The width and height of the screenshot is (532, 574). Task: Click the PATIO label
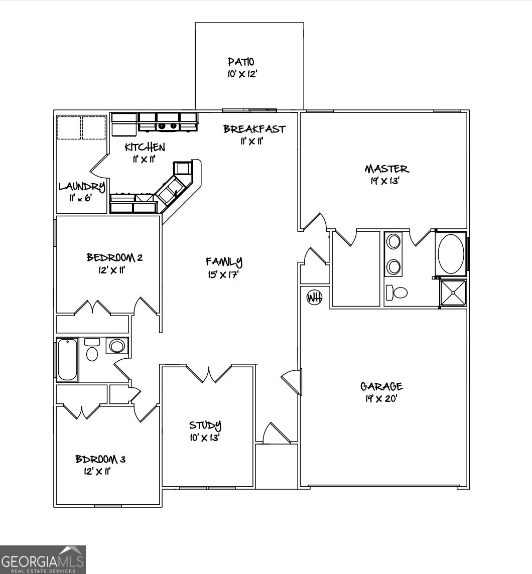(x=241, y=62)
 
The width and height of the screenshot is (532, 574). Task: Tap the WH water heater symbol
(x=314, y=297)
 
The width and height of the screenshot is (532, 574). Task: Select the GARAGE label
(x=381, y=386)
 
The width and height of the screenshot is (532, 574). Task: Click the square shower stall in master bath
(x=453, y=292)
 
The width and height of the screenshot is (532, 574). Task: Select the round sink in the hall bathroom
(x=117, y=346)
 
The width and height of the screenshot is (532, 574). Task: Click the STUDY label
(x=205, y=425)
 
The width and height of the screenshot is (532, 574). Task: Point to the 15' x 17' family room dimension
(x=224, y=275)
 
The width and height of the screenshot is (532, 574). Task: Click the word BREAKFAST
(x=254, y=129)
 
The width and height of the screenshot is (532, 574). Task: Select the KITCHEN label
(x=145, y=147)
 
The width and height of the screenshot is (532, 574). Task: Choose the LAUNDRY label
(x=81, y=187)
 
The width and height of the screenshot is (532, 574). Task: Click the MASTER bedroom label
(x=386, y=169)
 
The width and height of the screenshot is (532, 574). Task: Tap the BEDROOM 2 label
(x=115, y=258)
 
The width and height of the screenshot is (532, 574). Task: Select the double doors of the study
(x=209, y=374)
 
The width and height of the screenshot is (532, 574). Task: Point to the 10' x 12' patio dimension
(x=242, y=74)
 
